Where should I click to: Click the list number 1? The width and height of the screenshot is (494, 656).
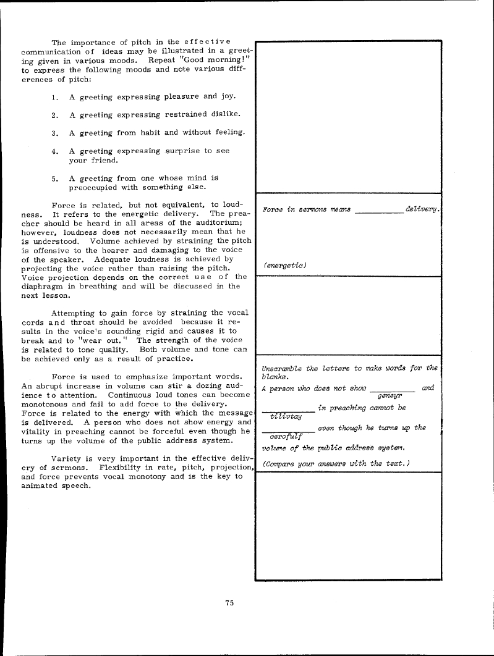(x=54, y=97)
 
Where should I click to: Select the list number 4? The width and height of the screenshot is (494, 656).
(x=54, y=151)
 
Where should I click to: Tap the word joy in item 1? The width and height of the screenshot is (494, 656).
(x=228, y=97)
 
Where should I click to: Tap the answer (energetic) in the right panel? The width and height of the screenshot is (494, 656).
(x=286, y=265)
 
